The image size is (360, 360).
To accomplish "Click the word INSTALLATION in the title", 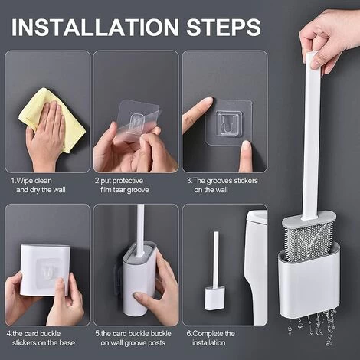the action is [x=95, y=27].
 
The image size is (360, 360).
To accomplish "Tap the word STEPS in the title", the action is [x=224, y=27].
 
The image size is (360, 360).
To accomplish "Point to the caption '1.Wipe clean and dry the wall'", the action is [x=38, y=185].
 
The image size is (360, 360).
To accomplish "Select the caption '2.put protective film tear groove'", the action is [x=122, y=185].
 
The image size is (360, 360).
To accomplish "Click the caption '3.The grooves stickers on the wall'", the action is [x=222, y=185].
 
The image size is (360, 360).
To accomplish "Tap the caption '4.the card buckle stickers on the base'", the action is [x=41, y=339].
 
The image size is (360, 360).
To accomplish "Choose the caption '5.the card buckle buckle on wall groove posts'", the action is [x=133, y=339].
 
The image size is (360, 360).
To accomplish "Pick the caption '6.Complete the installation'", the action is [x=211, y=339].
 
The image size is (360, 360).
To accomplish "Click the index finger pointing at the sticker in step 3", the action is [x=197, y=113].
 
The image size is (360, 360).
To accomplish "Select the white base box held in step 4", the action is [x=45, y=270].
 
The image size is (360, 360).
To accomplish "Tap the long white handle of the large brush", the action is [x=310, y=136].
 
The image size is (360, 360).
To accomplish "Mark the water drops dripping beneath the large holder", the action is [x=313, y=327].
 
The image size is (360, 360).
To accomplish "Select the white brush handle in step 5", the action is [x=140, y=230].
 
